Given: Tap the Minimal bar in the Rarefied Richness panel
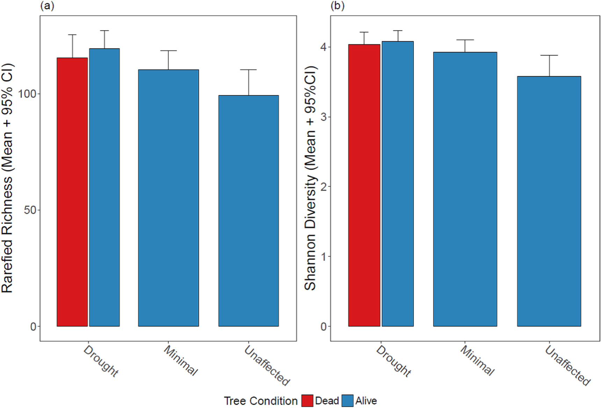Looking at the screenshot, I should click(168, 198).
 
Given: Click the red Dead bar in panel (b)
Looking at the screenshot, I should click(364, 185).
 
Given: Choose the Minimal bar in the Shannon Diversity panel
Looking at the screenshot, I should click(465, 189).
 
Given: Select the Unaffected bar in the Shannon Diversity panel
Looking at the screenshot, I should click(549, 201).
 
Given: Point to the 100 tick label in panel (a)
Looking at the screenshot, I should click(27, 94).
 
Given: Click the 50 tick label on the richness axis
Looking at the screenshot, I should click(30, 210).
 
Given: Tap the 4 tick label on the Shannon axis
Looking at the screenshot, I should click(324, 47).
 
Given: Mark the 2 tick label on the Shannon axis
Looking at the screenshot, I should click(324, 187).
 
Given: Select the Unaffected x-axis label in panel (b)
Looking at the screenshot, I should click(567, 365).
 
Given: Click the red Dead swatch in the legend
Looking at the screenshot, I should click(307, 401).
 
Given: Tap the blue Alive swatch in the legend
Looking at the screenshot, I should click(348, 401).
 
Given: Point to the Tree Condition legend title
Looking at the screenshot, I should click(260, 401).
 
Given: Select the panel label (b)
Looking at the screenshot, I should click(337, 6).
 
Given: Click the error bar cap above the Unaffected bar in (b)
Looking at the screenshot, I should click(550, 55).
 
